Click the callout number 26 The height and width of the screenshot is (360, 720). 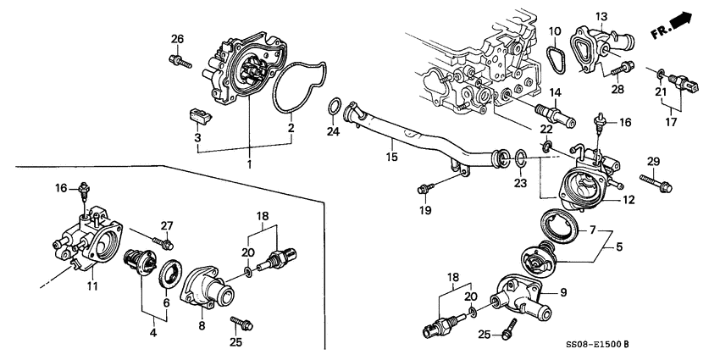point(177,39)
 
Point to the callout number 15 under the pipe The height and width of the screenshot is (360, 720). point(391,157)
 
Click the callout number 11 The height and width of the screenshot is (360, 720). point(92,286)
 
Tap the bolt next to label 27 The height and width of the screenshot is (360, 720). point(157,242)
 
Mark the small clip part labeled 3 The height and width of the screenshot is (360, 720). point(196,114)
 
